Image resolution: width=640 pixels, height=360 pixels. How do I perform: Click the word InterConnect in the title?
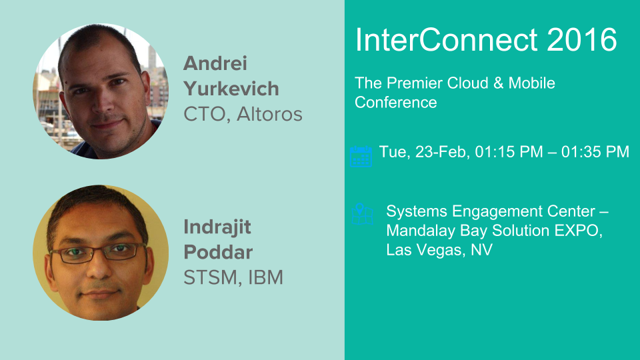[447, 39]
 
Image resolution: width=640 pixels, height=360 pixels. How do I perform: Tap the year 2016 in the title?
[581, 39]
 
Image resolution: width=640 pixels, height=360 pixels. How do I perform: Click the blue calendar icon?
[361, 156]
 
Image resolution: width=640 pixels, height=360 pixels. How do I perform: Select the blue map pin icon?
[362, 214]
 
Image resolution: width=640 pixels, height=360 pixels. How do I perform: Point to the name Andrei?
[215, 64]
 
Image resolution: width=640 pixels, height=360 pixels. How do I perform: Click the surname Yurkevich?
[231, 89]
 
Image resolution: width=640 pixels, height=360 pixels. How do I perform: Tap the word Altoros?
[269, 114]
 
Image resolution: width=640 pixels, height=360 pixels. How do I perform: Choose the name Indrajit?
[217, 227]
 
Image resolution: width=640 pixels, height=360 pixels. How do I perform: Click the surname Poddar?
[218, 252]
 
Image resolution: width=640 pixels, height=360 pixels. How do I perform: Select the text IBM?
[265, 277]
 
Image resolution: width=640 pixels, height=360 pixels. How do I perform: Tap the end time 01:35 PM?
[595, 152]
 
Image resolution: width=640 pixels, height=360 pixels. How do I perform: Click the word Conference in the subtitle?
[395, 103]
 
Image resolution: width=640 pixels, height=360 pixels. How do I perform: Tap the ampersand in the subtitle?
[499, 83]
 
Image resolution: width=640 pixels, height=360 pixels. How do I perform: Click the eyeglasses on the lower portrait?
[99, 253]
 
